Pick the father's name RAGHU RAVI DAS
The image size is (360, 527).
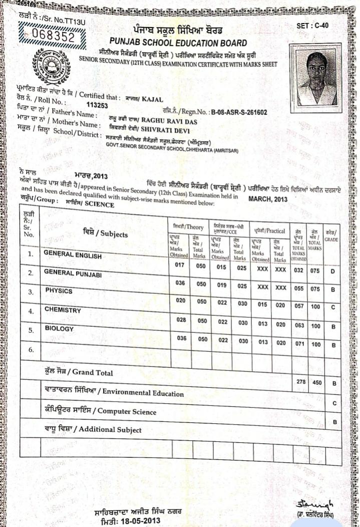pyautogui.click(x=169, y=121)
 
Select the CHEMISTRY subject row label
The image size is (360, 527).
pyautogui.click(x=63, y=310)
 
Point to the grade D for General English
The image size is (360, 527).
pyautogui.click(x=332, y=271)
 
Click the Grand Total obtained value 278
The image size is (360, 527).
pyautogui.click(x=300, y=382)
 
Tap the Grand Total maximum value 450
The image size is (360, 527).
pyautogui.click(x=316, y=382)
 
